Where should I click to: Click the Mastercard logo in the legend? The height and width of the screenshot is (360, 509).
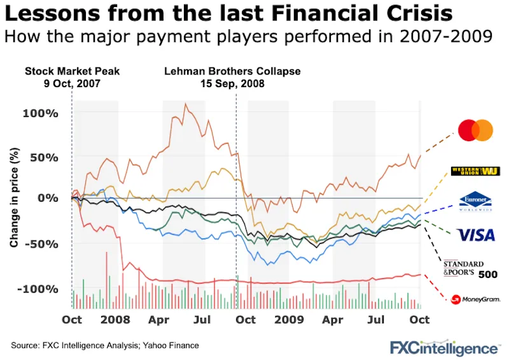pyautogui.click(x=475, y=130)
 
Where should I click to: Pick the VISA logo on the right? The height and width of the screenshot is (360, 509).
pyautogui.click(x=476, y=235)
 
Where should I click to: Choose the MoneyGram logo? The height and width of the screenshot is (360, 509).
pyautogui.click(x=473, y=299)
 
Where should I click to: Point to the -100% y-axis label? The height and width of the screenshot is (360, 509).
pyautogui.click(x=41, y=289)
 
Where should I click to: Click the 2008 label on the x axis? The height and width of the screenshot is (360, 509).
pyautogui.click(x=115, y=319)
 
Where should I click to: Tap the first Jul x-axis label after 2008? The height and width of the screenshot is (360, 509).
pyautogui.click(x=202, y=319)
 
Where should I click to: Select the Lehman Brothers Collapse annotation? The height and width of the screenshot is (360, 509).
pyautogui.click(x=232, y=76)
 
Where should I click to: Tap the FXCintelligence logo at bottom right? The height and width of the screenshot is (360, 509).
pyautogui.click(x=445, y=347)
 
